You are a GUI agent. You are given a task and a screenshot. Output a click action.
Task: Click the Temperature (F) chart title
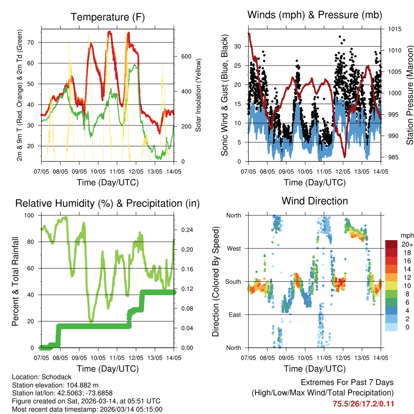[x=108, y=17]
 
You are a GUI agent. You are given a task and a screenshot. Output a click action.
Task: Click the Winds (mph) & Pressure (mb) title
[x=315, y=15]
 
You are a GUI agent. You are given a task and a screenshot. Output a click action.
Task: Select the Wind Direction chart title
[x=315, y=201]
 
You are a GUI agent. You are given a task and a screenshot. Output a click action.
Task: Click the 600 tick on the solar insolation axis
[x=186, y=56]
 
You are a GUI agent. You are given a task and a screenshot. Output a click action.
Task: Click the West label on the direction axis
[x=233, y=249]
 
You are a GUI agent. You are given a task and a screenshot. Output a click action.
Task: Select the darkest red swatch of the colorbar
[x=391, y=244]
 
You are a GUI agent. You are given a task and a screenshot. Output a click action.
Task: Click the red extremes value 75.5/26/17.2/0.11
[x=363, y=403]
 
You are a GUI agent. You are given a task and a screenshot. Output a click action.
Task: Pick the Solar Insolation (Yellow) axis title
[x=199, y=95]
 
